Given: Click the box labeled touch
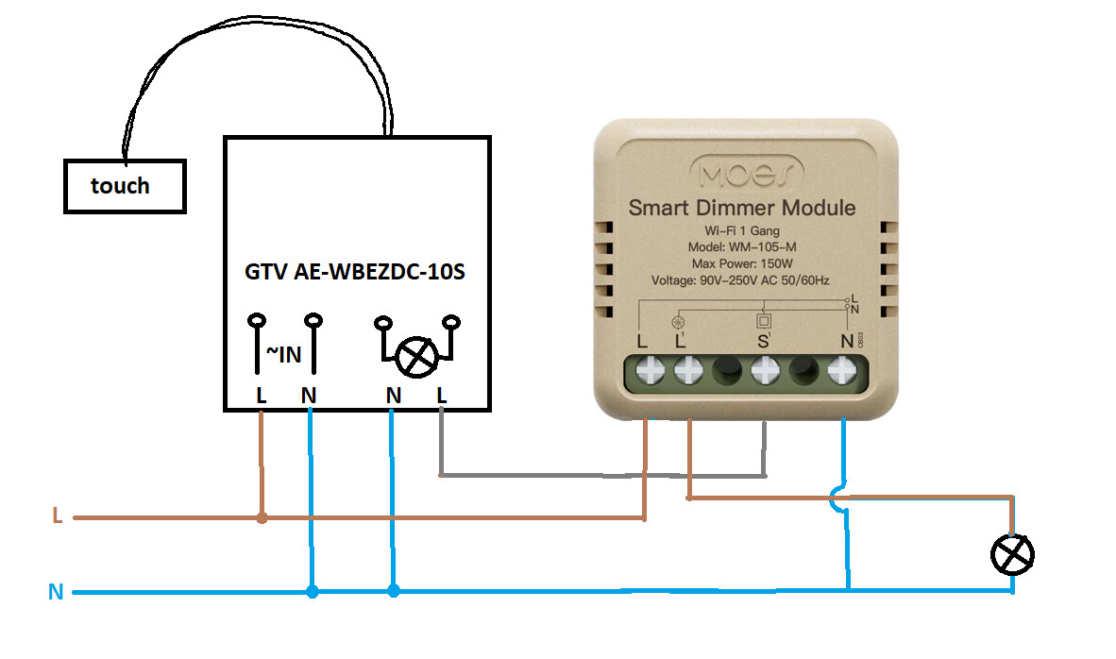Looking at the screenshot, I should coord(124,186).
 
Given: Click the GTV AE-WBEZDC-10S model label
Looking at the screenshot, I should coord(355,273).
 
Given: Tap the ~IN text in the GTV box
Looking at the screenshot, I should coord(282,354).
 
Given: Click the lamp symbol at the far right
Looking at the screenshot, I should coord(1012,553).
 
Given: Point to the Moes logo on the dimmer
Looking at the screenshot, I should coord(748,173).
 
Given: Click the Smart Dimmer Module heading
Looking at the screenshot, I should coord(742,208).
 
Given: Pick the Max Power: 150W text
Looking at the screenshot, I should coord(741,263).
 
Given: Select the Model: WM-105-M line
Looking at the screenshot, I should coord(741,246).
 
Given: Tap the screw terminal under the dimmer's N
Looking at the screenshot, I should coord(841,374).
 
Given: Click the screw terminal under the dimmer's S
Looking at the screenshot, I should coord(764,374).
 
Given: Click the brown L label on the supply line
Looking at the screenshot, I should coord(58,517).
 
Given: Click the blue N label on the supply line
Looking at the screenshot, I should coord(56,592).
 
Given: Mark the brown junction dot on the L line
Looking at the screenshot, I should coord(262,517).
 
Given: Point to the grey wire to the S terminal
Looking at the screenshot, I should coord(604,474).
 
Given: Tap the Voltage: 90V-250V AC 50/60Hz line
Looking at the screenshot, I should coord(742,281).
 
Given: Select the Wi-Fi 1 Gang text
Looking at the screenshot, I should coord(741,230).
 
